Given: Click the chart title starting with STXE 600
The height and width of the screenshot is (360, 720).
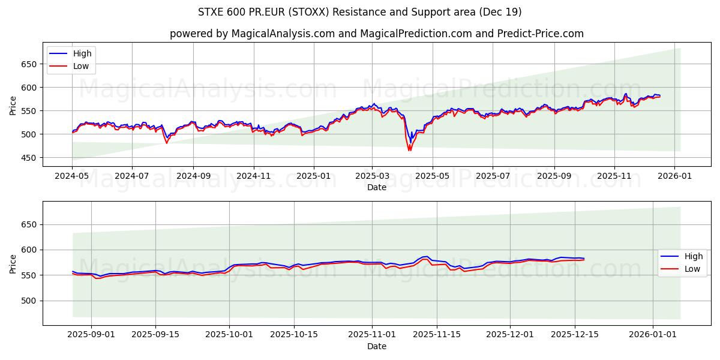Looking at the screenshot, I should coord(359,12).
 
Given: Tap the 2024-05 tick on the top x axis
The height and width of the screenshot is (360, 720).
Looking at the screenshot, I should coord(72,176).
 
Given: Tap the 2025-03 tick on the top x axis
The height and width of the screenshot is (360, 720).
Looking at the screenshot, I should coord(372,176).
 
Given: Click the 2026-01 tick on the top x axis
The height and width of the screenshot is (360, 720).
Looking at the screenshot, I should coord(674,176).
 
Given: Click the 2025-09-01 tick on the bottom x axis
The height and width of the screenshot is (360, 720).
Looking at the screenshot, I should coord(92,335).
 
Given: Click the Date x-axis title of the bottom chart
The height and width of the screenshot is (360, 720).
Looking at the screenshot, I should coord(376,346).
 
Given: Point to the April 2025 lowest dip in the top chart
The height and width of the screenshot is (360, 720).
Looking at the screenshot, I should coord(409,149).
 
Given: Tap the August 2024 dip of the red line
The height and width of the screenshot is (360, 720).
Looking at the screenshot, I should coord(167,143).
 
